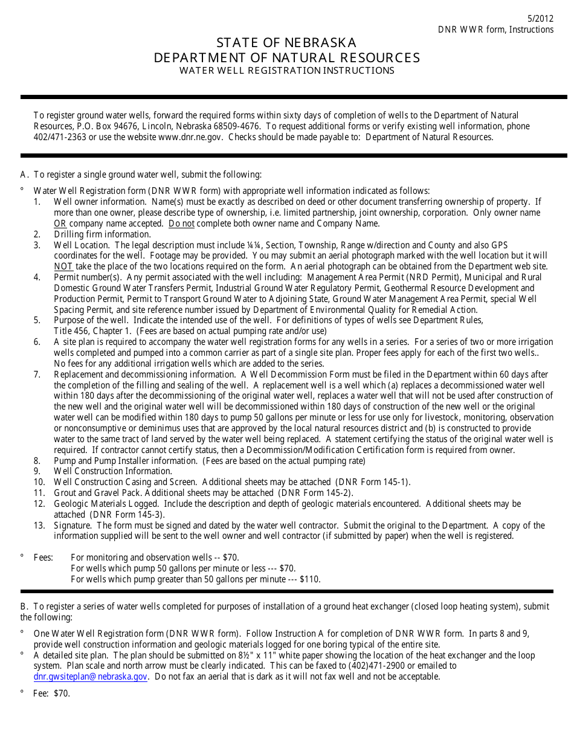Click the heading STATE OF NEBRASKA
pyautogui.click(x=286, y=43)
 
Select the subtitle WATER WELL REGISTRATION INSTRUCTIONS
pyautogui.click(x=286, y=71)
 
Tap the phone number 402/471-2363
pyautogui.click(x=60, y=137)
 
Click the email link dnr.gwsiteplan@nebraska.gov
pyautogui.click(x=91, y=677)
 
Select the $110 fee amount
pyautogui.click(x=310, y=579)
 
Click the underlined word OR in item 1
pyautogui.click(x=60, y=224)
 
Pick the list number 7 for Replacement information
pyautogui.click(x=37, y=375)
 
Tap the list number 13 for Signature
pyautogui.click(x=39, y=526)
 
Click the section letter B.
pyautogui.click(x=24, y=606)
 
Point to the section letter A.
pyautogui.click(x=24, y=175)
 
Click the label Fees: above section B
pyautogui.click(x=44, y=558)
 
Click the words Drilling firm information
pyautogui.click(x=102, y=234)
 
